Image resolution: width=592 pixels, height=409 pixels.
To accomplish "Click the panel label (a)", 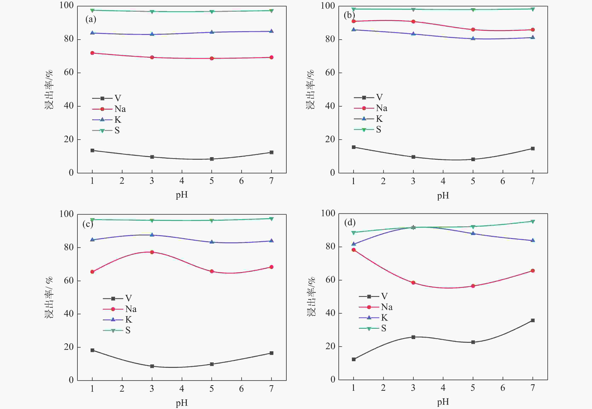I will pyautogui.click(x=91, y=19).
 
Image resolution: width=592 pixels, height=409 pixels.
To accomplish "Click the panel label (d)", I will pyautogui.click(x=350, y=222).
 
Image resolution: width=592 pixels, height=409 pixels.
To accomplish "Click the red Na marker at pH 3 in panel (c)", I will pyautogui.click(x=152, y=252).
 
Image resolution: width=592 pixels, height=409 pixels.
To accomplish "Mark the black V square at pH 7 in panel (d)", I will pyautogui.click(x=533, y=320).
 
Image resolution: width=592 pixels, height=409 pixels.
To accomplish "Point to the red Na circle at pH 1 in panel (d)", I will pyautogui.click(x=354, y=250).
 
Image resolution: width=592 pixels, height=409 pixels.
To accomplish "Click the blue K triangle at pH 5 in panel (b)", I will pyautogui.click(x=473, y=38).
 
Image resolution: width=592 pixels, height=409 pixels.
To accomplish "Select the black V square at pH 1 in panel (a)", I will pyautogui.click(x=92, y=150).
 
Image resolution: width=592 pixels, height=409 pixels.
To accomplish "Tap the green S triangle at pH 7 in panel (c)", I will pyautogui.click(x=271, y=219).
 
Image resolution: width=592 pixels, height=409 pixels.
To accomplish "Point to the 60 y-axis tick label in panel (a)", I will pyautogui.click(x=69, y=73).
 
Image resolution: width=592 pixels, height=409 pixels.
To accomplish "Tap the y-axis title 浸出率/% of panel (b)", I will pyautogui.click(x=311, y=90).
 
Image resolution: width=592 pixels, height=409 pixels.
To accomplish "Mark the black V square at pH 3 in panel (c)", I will pyautogui.click(x=152, y=366).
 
